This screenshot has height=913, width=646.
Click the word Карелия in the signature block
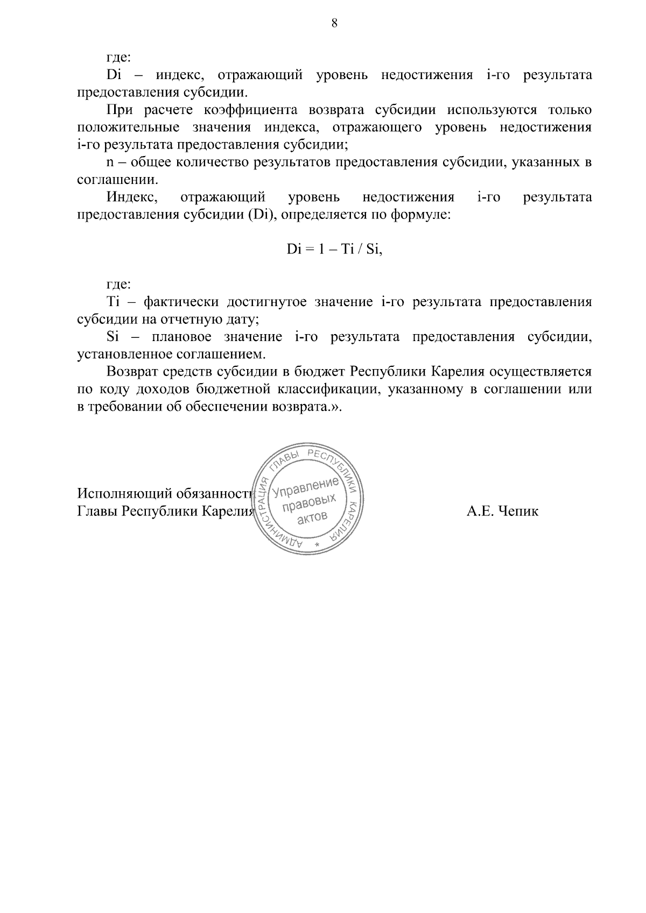tap(227, 511)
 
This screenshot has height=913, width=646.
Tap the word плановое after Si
tap(180, 337)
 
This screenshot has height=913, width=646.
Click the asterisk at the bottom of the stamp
tap(318, 546)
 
